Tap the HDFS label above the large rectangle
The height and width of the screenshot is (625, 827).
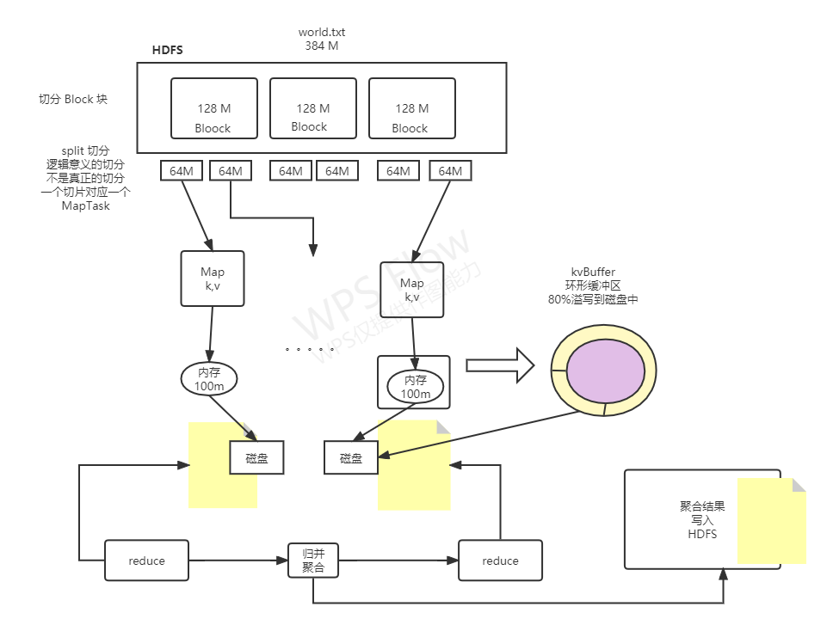(x=167, y=51)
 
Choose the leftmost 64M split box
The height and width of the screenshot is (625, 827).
(x=182, y=171)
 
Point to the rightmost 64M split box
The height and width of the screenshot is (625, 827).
(x=450, y=171)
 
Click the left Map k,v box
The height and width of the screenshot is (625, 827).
(x=213, y=279)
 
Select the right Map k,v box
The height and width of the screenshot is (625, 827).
(x=411, y=290)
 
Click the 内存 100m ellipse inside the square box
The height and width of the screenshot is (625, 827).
(x=415, y=387)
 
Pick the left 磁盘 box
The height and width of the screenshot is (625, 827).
(x=256, y=458)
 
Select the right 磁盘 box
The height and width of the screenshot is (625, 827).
(x=351, y=458)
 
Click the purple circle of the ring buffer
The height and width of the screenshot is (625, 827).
(x=603, y=369)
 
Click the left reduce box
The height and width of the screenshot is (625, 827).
(x=146, y=561)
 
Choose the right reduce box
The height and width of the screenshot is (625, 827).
(x=500, y=561)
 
